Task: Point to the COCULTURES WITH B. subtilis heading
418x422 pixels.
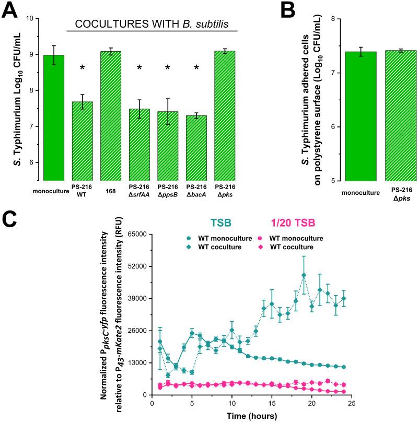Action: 153,24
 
